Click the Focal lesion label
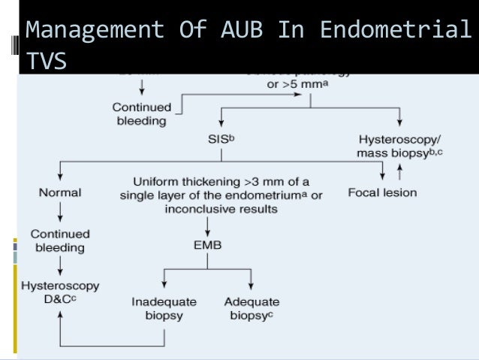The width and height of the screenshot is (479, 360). tap(382, 192)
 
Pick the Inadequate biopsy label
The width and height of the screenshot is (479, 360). tap(164, 308)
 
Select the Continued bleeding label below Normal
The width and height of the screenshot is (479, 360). tap(59, 241)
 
